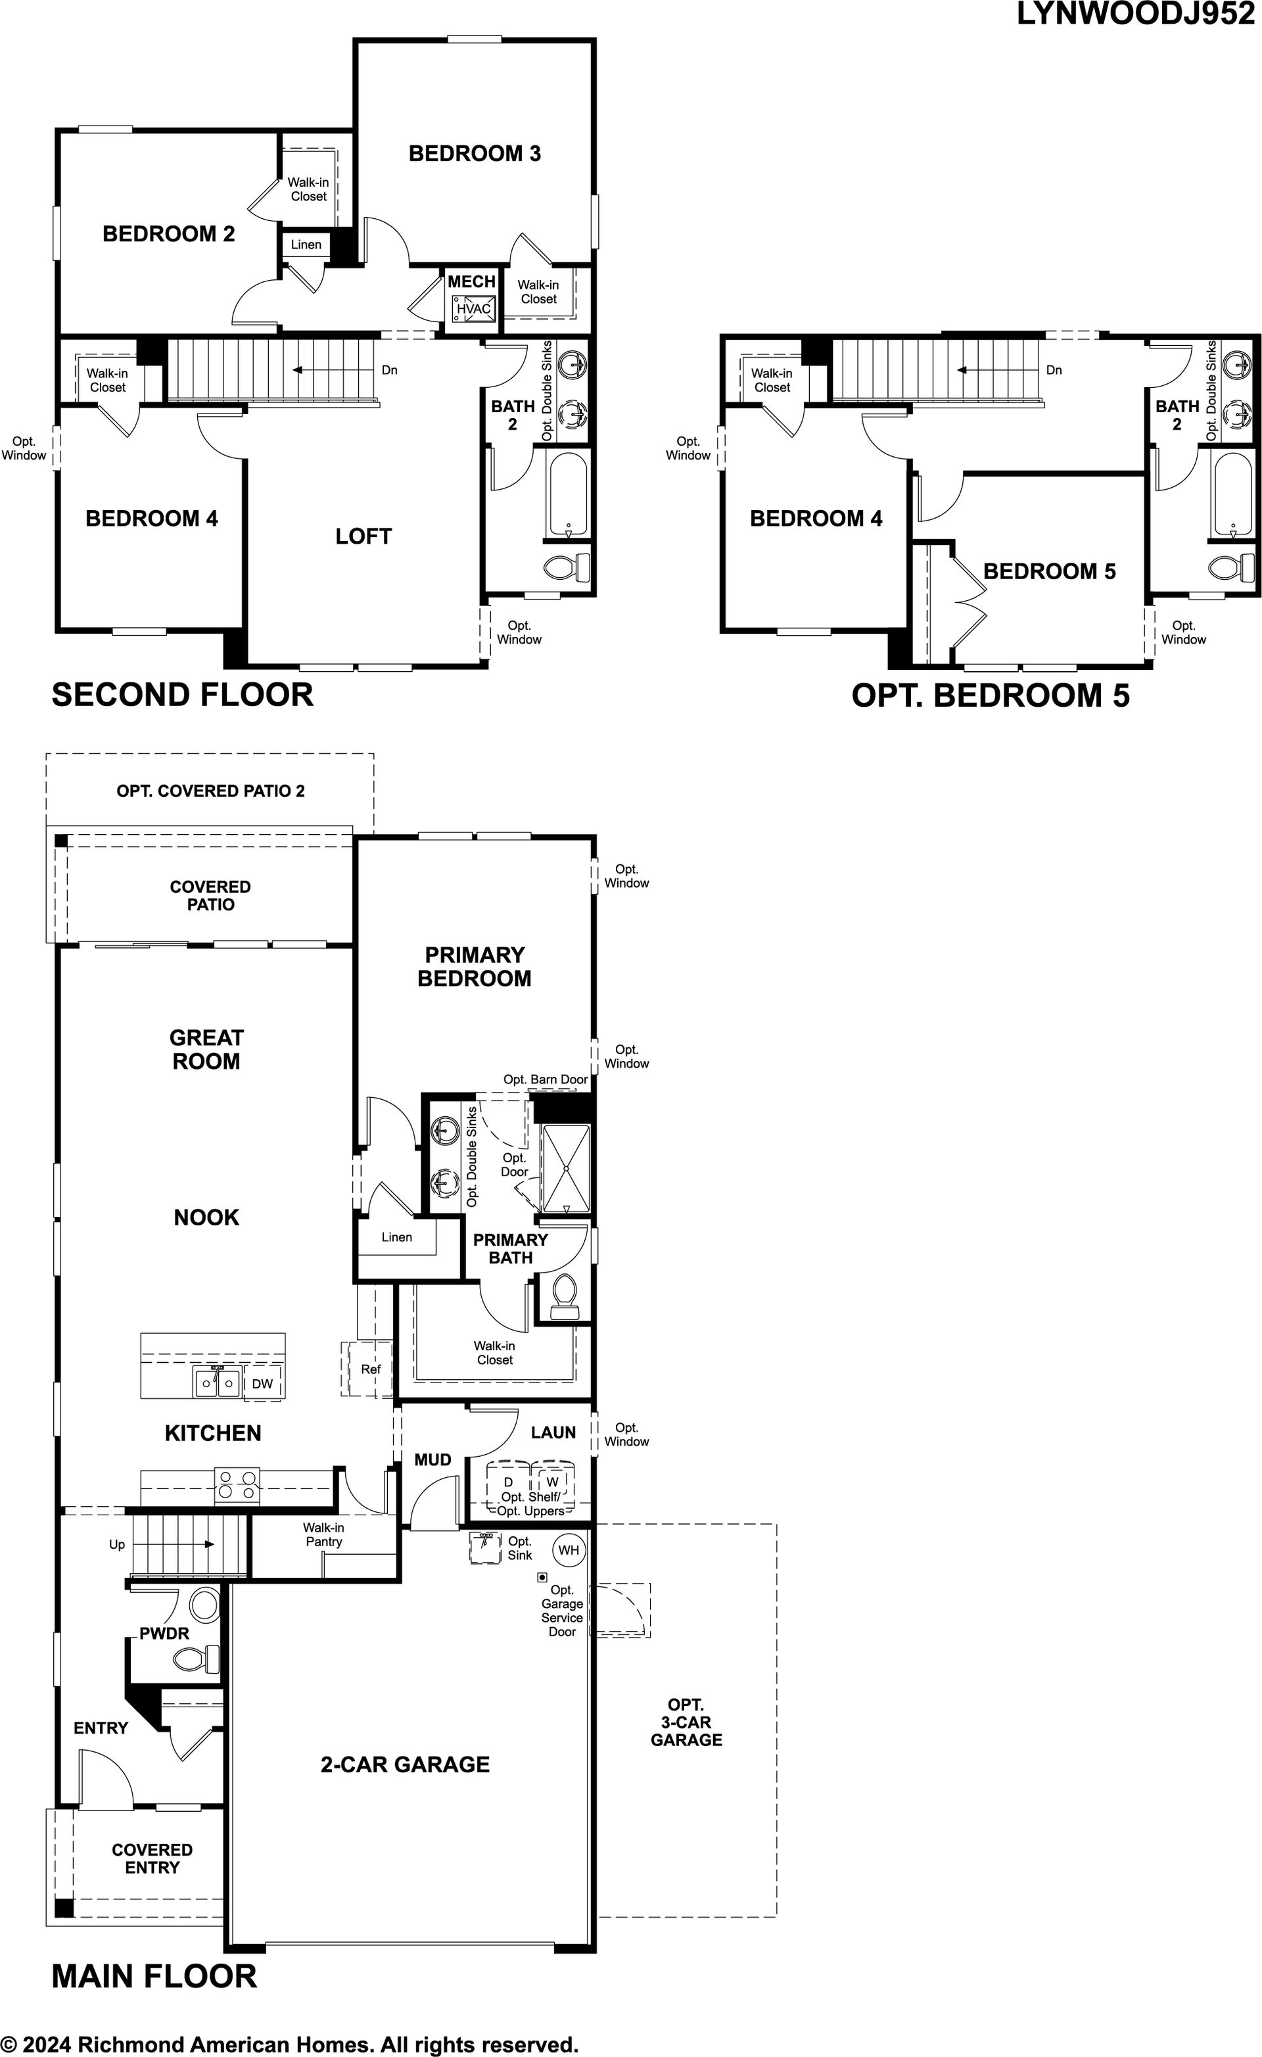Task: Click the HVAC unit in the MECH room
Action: [x=473, y=308]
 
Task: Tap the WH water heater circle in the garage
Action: [x=569, y=1550]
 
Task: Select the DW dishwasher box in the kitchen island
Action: [x=263, y=1383]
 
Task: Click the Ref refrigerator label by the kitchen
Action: [x=371, y=1369]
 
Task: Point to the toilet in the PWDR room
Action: [x=197, y=1659]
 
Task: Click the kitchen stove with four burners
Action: [x=237, y=1486]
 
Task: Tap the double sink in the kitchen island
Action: [x=217, y=1383]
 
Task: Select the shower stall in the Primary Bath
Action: [x=566, y=1169]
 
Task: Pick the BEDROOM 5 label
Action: [x=1049, y=571]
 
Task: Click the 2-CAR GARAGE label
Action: [x=405, y=1764]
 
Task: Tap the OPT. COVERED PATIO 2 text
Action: [x=210, y=791]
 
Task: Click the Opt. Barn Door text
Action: [x=545, y=1079]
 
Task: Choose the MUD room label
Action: [x=432, y=1459]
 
